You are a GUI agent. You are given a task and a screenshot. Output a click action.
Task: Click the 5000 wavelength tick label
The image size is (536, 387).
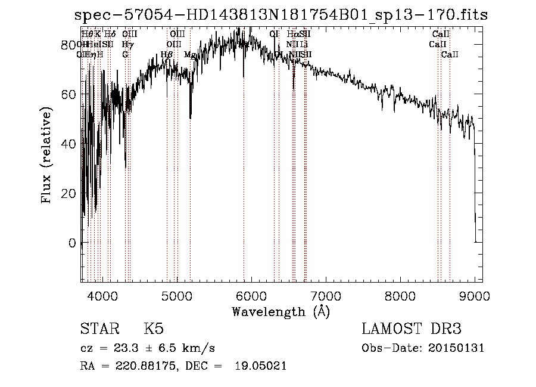[x=177, y=295]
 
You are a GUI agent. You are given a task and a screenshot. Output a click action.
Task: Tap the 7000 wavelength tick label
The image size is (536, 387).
[x=326, y=295]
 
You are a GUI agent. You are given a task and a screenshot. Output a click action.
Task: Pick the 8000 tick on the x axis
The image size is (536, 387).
[x=400, y=295]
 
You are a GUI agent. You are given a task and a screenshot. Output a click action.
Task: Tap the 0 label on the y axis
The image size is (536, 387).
[x=71, y=243]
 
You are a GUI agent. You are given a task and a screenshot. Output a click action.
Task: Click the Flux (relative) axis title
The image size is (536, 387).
[x=47, y=155]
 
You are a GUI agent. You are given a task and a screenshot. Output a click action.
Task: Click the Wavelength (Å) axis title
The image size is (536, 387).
[x=281, y=311]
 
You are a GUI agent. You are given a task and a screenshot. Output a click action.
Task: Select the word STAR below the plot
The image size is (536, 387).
[x=99, y=329]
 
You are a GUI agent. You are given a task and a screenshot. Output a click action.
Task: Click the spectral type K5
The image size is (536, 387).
[x=154, y=329]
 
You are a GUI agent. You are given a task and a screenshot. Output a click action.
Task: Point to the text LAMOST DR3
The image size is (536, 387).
[x=412, y=329]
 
